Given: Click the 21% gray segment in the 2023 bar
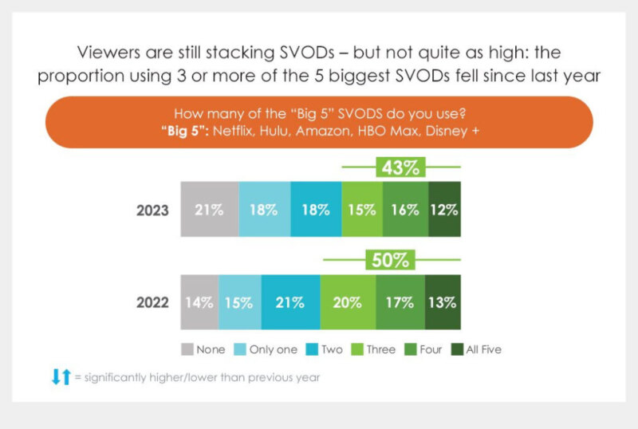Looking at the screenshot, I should click(210, 211).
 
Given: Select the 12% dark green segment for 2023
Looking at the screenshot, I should click(443, 211).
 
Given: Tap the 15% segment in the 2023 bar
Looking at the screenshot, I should click(362, 211).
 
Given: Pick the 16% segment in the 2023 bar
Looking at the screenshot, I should click(405, 211).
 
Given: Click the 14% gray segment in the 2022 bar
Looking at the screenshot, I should click(199, 302).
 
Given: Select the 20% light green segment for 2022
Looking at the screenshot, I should click(348, 302).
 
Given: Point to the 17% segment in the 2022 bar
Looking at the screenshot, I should click(400, 302).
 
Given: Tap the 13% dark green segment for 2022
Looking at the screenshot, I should click(442, 302).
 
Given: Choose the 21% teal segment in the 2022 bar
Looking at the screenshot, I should click(290, 302).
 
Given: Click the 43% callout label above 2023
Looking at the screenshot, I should click(401, 168).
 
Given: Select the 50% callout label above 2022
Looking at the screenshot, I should click(391, 260).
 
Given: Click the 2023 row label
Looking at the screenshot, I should click(152, 211).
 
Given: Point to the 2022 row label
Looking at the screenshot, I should click(152, 303).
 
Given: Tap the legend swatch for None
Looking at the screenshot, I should click(187, 349).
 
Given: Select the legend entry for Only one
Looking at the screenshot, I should click(266, 349).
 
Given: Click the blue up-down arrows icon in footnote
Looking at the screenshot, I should click(61, 377).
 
